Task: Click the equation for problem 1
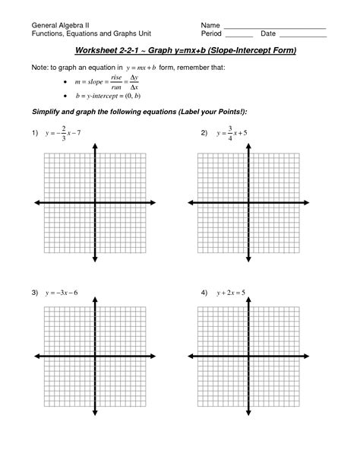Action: click(65, 134)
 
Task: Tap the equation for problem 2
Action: click(232, 134)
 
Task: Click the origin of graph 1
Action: click(95, 203)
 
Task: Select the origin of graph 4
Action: click(245, 357)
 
